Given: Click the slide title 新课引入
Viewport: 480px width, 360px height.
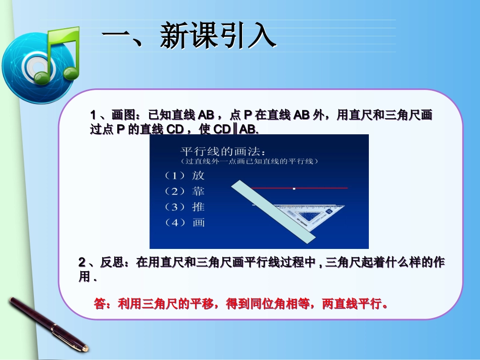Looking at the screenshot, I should click(x=189, y=36).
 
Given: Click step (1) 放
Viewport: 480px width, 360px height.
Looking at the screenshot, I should click(x=185, y=176).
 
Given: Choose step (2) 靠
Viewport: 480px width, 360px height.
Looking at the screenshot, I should click(x=185, y=191).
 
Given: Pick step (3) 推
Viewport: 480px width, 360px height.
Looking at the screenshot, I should click(x=185, y=207).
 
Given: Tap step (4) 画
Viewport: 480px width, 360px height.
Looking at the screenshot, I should click(x=185, y=223).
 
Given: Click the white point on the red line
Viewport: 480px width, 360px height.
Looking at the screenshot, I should click(x=294, y=188).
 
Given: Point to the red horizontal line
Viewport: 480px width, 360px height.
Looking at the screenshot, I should click(x=323, y=188).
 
